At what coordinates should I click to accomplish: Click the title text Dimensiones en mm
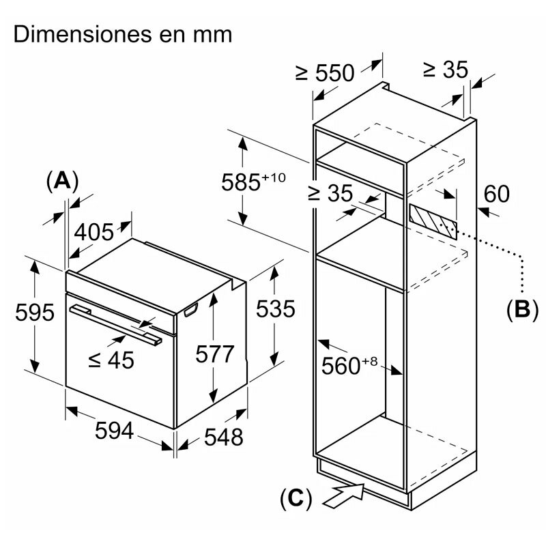coord(123,34)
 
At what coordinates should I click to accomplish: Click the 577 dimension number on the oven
coord(214,354)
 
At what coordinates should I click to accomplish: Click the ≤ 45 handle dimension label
coord(112,359)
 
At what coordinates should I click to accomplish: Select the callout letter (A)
coord(62,180)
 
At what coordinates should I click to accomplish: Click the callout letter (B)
coord(522,309)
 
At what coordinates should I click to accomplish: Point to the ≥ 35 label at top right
coord(444,69)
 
